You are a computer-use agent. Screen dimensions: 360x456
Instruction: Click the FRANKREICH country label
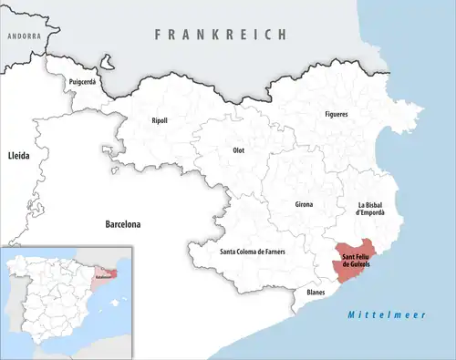pyautogui.click(x=221, y=34)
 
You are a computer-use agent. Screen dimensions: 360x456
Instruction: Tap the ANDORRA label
pyautogui.click(x=24, y=36)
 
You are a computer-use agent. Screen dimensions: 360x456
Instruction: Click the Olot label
pyautogui.click(x=239, y=149)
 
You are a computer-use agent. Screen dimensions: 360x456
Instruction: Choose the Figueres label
pyautogui.click(x=337, y=114)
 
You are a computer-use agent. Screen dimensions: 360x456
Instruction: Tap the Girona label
pyautogui.click(x=304, y=204)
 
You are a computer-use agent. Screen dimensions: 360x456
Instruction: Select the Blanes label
pyautogui.click(x=316, y=293)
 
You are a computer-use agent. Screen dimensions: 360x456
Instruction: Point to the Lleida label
pyautogui.click(x=18, y=157)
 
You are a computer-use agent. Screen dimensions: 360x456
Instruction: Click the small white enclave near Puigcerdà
pyautogui.click(x=108, y=65)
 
